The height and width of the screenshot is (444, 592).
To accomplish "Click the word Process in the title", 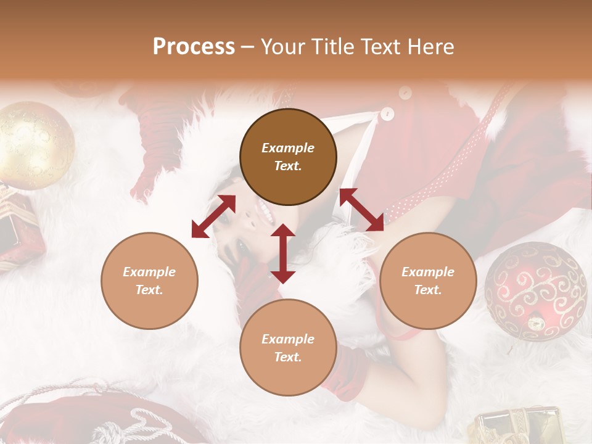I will pos(194,47).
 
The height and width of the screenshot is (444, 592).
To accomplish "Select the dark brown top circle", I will pos(288,157).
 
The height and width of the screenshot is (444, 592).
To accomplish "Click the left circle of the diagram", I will pos(149,281).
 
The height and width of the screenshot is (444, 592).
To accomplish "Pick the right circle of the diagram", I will pos(428,281).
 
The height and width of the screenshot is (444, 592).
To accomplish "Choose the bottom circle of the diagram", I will pos(288,348).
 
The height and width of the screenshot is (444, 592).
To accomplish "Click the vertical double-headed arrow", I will pos(283,253).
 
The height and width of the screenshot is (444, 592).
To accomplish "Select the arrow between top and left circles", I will pos(213,216).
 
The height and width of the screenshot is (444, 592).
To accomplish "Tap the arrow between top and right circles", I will pos(361,210).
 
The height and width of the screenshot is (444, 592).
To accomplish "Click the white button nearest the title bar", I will pos(405,93).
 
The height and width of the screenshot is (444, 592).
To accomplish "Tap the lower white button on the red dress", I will pos(387,114).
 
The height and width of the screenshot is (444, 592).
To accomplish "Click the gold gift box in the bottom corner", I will pos(518,426).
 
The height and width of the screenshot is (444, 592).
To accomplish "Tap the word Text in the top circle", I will pos(287,166).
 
